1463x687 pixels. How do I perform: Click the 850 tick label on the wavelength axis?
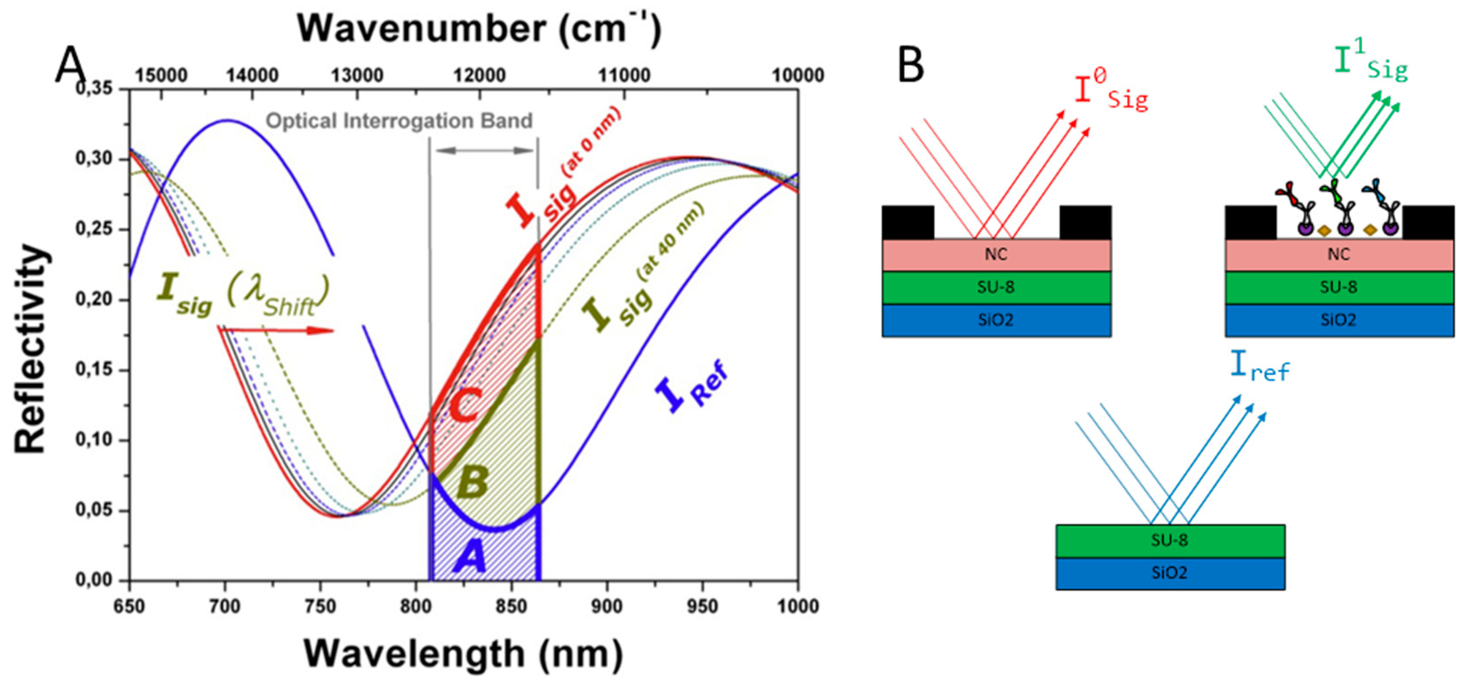point(510,606)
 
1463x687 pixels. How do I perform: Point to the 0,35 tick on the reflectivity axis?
point(94,89)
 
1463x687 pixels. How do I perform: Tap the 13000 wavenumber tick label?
point(357,75)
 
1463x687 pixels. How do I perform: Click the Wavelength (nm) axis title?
point(463,653)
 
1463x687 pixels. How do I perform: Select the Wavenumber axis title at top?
point(479,28)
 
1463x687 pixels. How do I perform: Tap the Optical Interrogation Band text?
point(399,121)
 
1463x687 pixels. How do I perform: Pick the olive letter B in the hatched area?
point(472,481)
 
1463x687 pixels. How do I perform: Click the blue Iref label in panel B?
point(1260,366)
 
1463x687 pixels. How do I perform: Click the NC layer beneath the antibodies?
point(1339,255)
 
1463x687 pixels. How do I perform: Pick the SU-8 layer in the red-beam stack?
point(996,287)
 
